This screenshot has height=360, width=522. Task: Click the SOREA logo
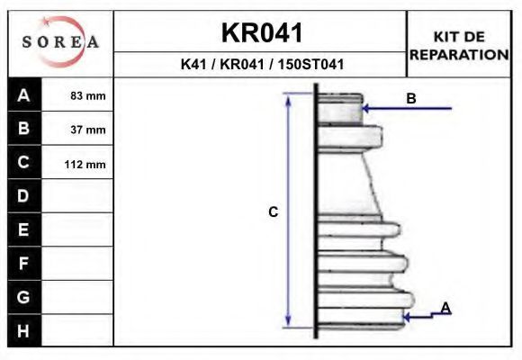point(60,41)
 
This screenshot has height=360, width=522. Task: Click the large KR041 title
point(262,33)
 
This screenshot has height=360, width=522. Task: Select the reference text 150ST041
point(310,64)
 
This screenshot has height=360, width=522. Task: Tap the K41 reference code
point(193,64)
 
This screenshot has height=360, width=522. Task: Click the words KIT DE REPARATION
point(459,46)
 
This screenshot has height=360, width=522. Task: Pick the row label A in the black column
point(23,95)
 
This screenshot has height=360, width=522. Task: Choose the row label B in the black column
point(23,128)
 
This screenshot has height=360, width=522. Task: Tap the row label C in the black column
point(23,162)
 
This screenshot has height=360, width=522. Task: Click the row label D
point(23,196)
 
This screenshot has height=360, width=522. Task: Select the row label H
point(23,331)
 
